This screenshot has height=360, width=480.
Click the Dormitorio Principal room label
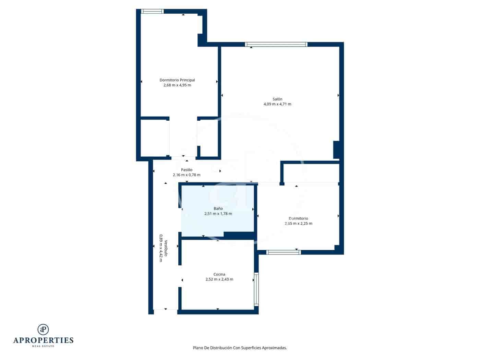(177, 80)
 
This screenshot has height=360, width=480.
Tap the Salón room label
(277, 99)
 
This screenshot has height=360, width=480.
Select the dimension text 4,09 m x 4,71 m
(277, 104)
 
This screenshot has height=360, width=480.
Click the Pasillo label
(187, 170)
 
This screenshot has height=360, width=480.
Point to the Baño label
(218, 208)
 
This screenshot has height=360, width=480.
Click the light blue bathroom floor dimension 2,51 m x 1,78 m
(218, 214)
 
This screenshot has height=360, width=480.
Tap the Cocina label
(219, 274)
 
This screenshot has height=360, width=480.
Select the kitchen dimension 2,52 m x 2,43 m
(219, 279)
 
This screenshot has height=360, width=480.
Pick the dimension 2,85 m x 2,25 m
(298, 224)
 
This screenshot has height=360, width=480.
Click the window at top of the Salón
(276, 44)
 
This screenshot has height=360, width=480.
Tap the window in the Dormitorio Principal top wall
(153, 11)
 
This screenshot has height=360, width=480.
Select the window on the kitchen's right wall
(256, 289)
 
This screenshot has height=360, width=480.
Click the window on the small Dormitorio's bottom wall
(284, 252)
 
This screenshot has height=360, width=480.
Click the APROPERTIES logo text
(43, 340)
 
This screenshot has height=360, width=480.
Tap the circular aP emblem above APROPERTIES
(43, 329)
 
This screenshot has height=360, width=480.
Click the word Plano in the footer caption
(198, 348)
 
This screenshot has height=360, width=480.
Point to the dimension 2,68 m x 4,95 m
(177, 85)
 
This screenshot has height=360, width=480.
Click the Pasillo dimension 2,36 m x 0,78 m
(187, 175)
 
